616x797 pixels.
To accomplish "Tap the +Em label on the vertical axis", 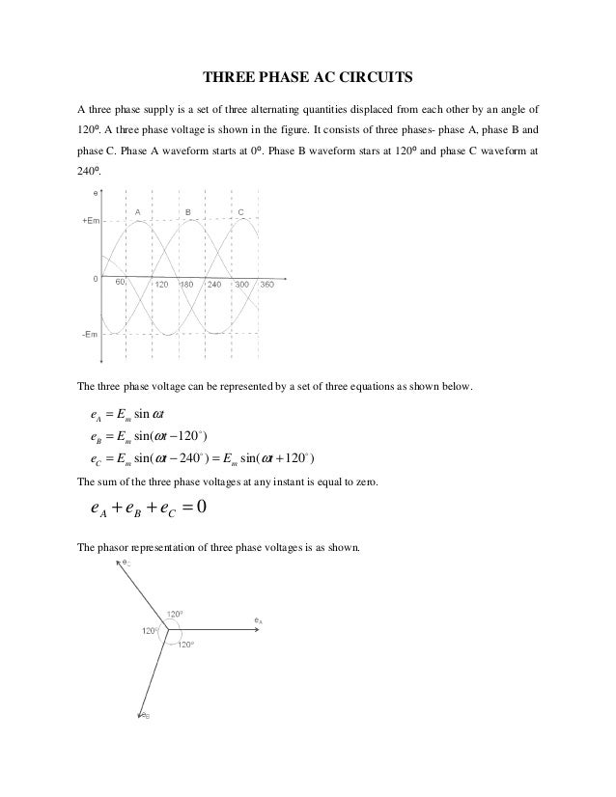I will [87, 221].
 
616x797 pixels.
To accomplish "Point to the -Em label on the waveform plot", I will [86, 335].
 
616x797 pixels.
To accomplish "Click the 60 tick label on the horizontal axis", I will [122, 284].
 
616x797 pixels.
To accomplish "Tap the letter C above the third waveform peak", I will [240, 209].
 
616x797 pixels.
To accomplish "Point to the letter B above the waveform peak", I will [188, 209].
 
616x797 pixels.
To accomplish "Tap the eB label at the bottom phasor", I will [144, 716].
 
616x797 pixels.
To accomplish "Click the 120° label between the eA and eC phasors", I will [175, 613].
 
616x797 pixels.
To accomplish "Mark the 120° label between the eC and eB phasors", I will [149, 631].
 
